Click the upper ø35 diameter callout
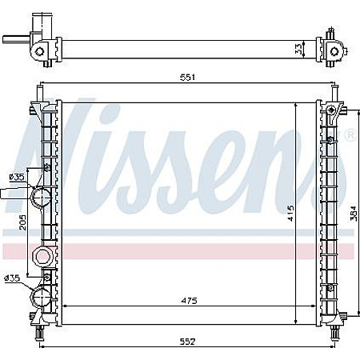(15, 178)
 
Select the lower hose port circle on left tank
(40, 298)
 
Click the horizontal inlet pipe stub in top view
(14, 38)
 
